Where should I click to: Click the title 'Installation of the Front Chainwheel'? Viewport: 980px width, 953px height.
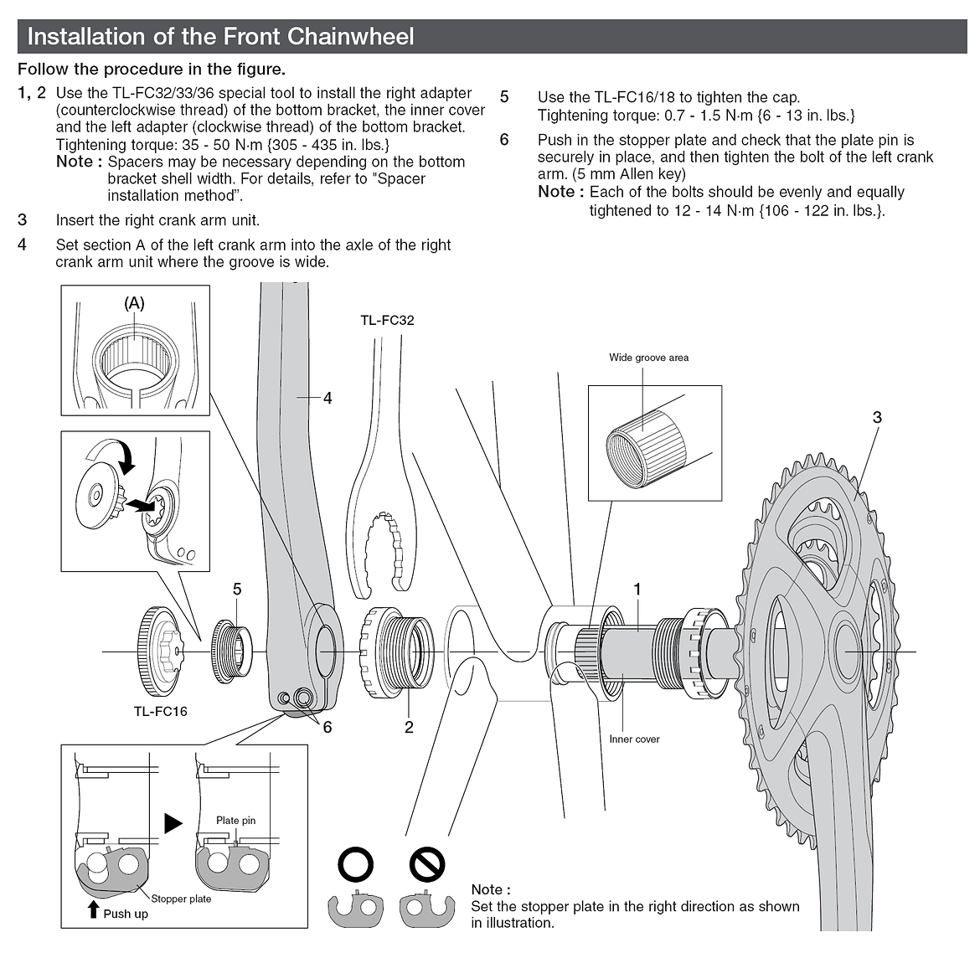tap(220, 37)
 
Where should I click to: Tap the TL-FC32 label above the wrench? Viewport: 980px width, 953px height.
tap(387, 320)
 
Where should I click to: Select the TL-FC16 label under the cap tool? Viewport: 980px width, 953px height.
tap(160, 711)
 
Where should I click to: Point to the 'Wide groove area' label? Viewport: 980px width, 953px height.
tap(648, 358)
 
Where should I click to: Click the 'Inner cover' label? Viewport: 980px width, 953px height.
tap(634, 739)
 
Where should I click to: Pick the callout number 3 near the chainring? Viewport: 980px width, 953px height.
tap(877, 417)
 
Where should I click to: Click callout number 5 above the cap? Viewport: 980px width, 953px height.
tap(237, 590)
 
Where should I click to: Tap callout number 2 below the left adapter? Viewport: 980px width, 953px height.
tap(409, 727)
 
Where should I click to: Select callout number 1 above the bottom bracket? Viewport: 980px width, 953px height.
tap(637, 590)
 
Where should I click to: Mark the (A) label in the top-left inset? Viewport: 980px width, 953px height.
tap(134, 304)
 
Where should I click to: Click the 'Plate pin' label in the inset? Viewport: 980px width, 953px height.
tap(235, 821)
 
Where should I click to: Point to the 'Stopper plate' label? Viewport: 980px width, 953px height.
tap(181, 899)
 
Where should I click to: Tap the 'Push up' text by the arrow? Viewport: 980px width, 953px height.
tap(126, 914)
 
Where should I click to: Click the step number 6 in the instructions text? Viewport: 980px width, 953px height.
tap(504, 139)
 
